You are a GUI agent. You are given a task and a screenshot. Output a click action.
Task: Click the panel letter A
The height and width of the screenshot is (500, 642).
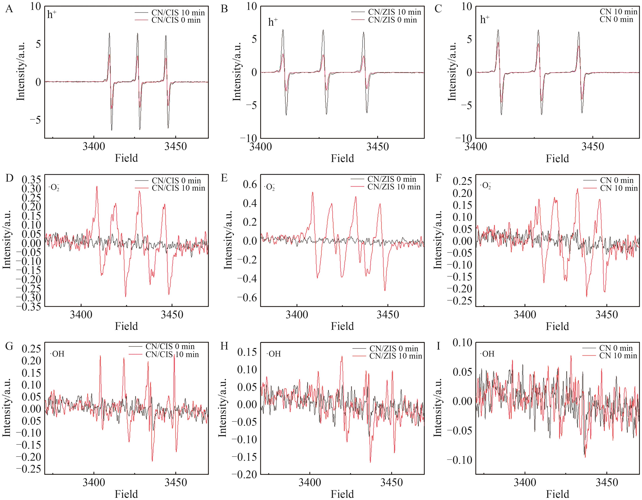(x=9, y=9)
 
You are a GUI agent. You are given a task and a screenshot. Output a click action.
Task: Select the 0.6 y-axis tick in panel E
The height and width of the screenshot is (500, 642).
(x=250, y=184)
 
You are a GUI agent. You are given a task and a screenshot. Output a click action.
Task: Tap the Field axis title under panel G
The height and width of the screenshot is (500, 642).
(x=126, y=494)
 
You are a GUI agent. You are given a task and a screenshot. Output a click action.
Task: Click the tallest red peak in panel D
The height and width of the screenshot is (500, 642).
(x=97, y=187)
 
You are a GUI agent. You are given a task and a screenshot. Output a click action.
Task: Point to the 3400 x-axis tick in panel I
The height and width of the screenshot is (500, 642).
(x=525, y=483)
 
